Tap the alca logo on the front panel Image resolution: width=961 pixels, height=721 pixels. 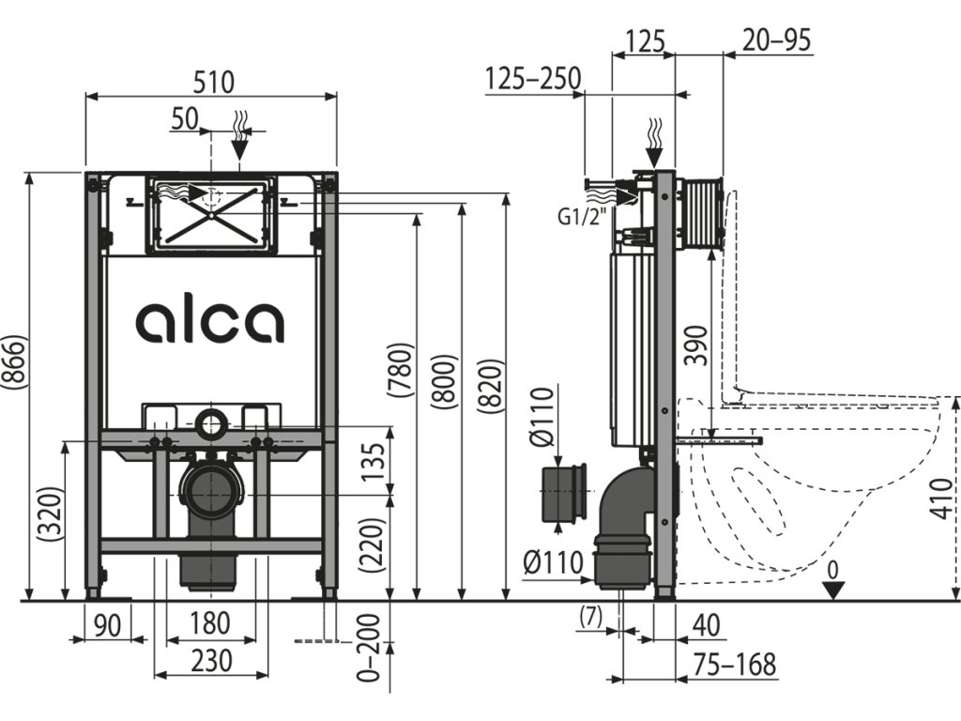[x=210, y=321]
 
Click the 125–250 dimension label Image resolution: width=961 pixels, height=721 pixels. [x=532, y=79]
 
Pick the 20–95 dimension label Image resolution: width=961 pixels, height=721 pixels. [x=776, y=39]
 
